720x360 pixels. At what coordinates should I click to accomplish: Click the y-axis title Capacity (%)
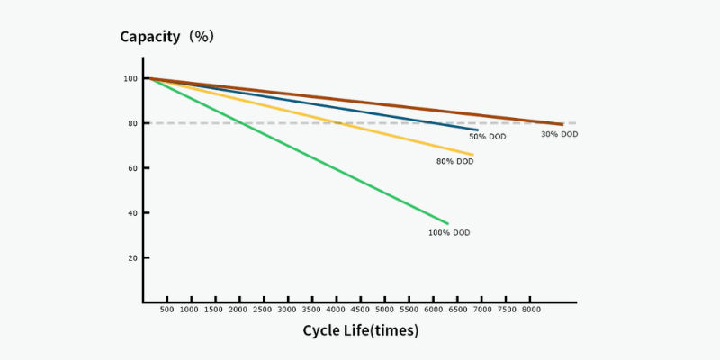pos(166,37)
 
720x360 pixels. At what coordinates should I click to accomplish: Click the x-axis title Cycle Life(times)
pos(360,330)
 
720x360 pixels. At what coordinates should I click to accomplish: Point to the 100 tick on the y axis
pos(130,79)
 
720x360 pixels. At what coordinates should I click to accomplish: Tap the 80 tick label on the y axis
pos(132,123)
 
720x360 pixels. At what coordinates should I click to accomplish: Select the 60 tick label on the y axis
pos(132,168)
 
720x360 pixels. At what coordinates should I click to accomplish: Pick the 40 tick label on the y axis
pos(132,213)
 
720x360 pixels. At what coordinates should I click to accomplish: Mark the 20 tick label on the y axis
pos(132,258)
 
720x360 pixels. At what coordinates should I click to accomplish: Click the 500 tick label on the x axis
pos(166,310)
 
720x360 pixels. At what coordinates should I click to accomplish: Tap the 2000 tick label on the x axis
pos(238,310)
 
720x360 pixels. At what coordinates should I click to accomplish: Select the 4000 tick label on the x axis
pos(336,310)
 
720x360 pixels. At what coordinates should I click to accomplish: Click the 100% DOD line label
pos(449,233)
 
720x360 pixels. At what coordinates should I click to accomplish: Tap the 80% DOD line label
pos(454,162)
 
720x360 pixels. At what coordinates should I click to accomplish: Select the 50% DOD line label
pos(487,137)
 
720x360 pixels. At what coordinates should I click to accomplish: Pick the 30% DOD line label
pos(559,135)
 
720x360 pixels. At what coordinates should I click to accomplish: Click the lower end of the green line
pos(447,223)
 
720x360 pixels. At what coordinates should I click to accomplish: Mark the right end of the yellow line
pos(472,155)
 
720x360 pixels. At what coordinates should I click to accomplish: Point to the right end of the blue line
pos(477,130)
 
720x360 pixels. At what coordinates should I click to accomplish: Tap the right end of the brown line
pos(562,125)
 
